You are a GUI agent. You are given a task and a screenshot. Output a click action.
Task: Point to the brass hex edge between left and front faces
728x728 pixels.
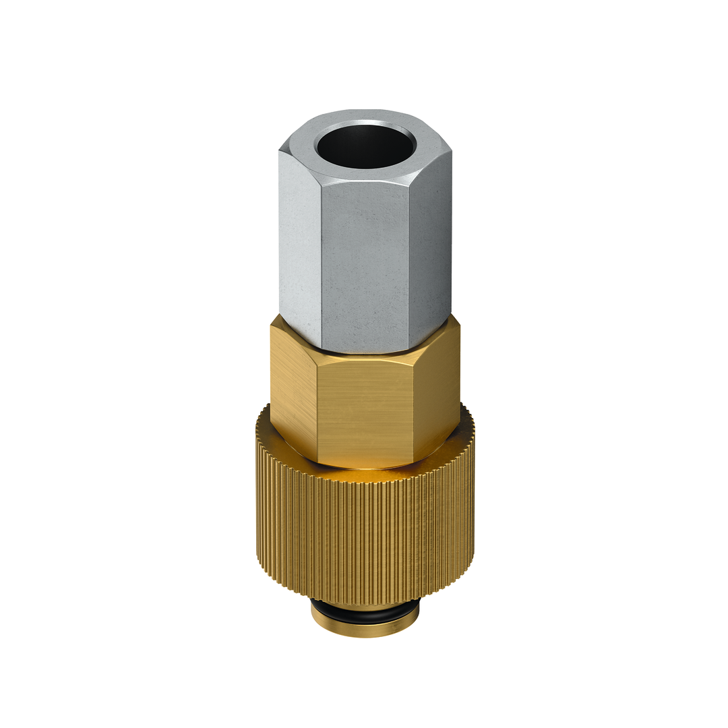pos(316,411)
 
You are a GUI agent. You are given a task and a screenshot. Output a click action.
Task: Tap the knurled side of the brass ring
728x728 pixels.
pos(364,539)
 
